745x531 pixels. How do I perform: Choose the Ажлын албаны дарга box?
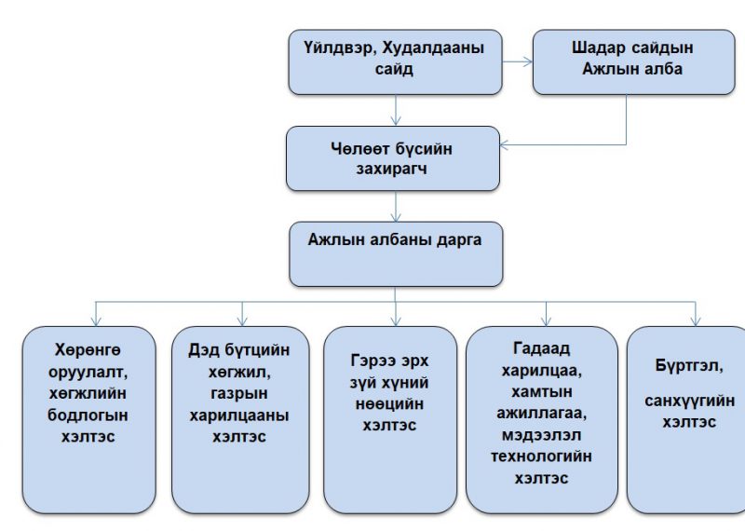(395, 253)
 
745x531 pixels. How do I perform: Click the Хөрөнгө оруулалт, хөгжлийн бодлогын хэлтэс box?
(88, 419)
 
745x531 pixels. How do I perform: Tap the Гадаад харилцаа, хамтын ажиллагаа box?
(541, 419)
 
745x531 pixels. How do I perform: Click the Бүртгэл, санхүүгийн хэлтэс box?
(686, 419)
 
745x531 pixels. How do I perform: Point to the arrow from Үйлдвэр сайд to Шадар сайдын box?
(517, 63)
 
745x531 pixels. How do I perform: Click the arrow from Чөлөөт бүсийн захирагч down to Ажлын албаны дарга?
(397, 205)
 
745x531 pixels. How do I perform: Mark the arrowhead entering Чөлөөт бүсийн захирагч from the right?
(507, 144)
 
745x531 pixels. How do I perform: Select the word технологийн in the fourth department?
(541, 456)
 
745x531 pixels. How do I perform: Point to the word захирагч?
(393, 170)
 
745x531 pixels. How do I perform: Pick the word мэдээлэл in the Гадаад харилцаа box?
(541, 435)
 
